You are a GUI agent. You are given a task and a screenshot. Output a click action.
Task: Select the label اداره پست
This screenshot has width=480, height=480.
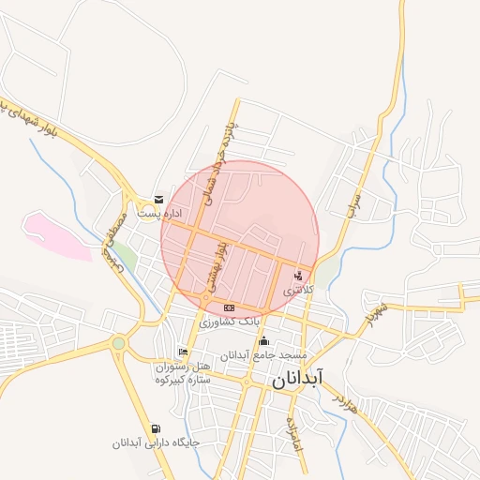(158, 214)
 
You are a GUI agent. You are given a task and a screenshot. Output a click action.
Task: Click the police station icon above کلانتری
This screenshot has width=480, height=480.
(299, 275)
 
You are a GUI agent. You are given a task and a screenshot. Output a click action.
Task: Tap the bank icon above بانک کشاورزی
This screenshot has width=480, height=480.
(229, 307)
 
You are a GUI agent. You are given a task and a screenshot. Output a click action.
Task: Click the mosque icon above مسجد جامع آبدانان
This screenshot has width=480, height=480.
(264, 341)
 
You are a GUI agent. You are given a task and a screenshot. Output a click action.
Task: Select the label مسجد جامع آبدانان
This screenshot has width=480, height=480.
(263, 356)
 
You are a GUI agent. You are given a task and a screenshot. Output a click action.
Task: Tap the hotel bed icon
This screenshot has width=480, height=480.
(182, 352)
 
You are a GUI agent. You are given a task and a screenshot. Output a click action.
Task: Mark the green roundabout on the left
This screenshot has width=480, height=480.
(118, 344)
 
